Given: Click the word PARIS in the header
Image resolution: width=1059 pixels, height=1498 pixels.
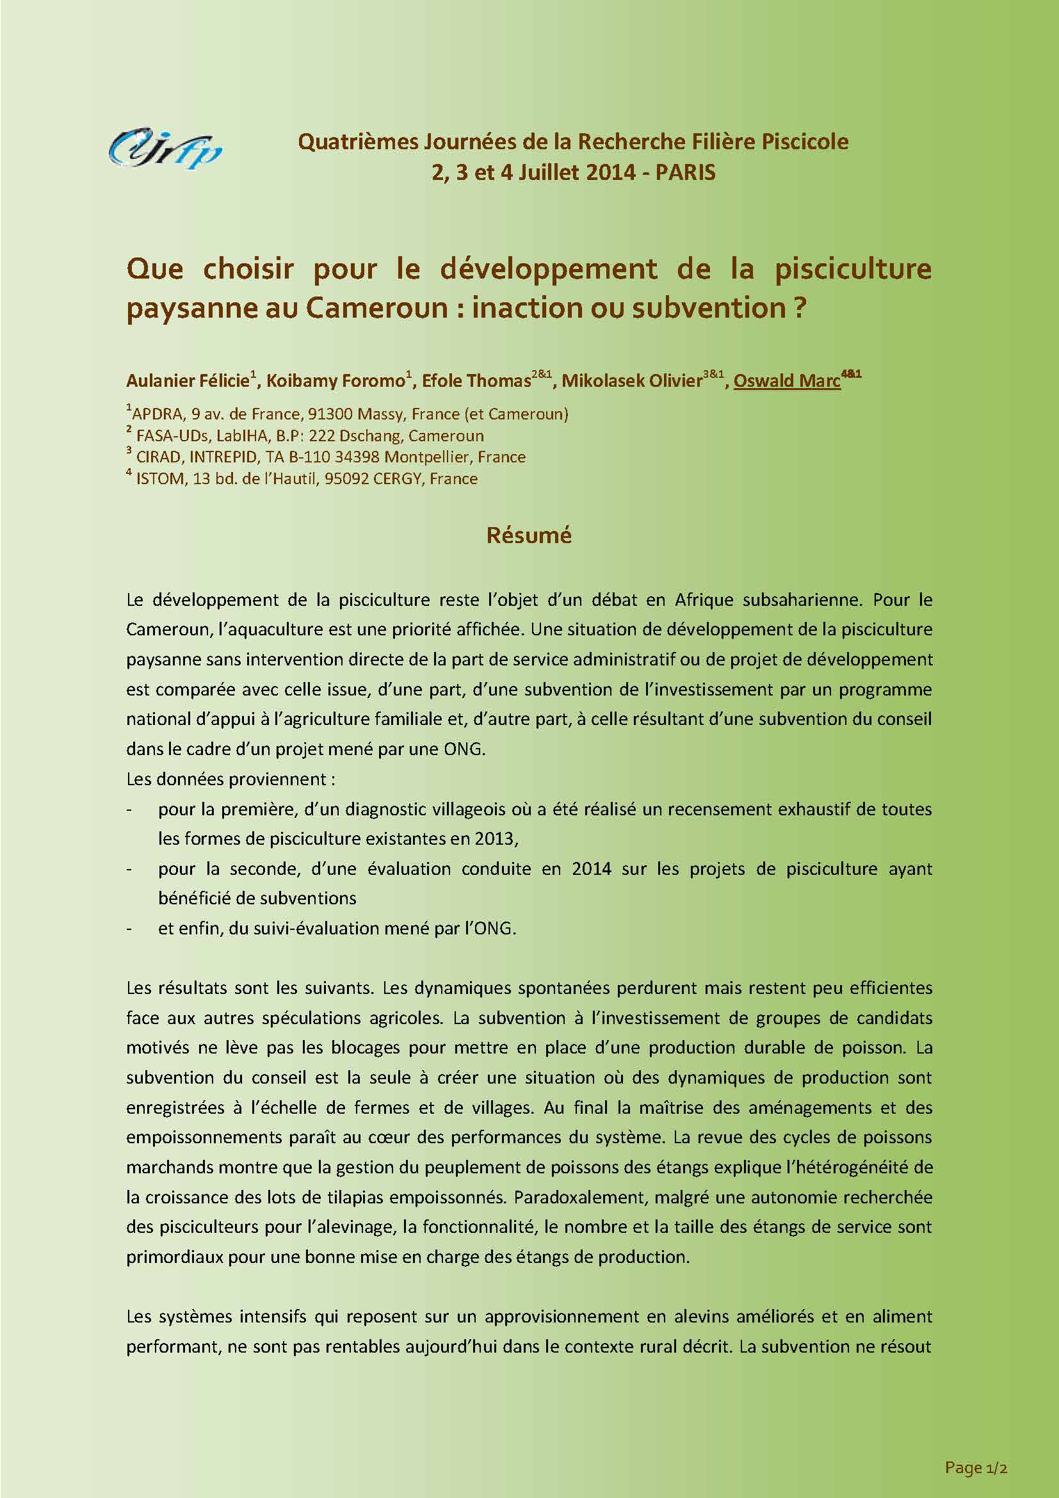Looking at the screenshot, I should tap(685, 172).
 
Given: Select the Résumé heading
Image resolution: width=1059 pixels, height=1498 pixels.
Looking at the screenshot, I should tap(529, 535).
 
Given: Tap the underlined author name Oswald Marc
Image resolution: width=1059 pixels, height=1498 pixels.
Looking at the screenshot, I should tap(786, 380).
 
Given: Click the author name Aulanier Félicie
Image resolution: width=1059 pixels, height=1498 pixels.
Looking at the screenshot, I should tap(188, 380).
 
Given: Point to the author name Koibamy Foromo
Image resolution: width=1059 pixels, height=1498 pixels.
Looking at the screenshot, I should tap(336, 380).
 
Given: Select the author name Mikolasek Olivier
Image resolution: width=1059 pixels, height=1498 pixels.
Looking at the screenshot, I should tap(631, 380).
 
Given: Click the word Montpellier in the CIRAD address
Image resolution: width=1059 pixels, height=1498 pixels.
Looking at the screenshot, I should tap(424, 457).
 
